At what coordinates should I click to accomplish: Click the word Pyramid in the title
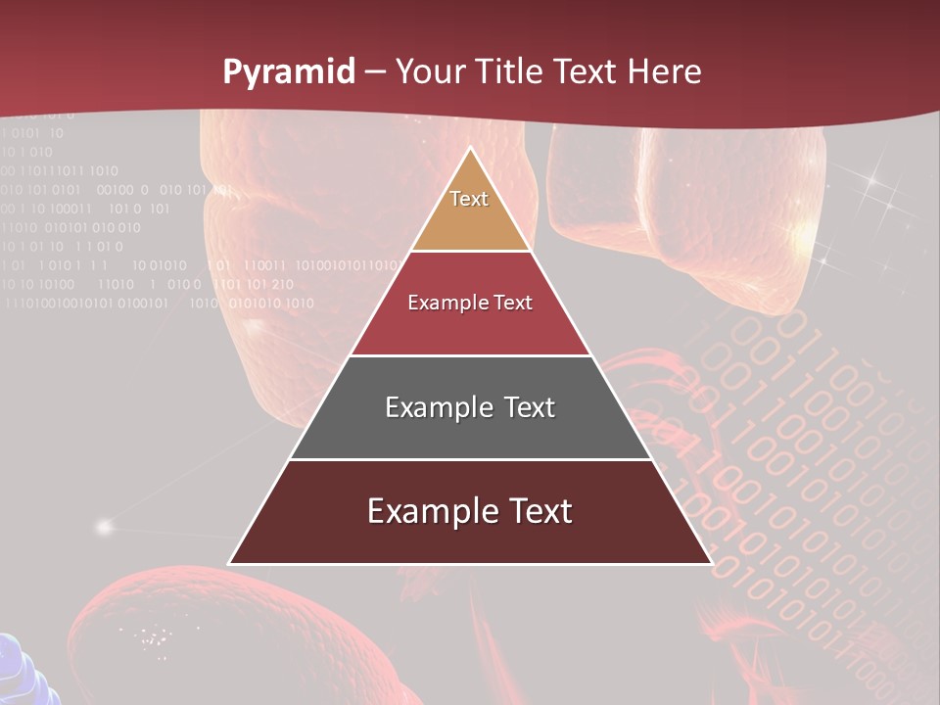click(289, 72)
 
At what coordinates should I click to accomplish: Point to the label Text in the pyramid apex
click(469, 199)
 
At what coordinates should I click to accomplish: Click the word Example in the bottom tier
click(432, 511)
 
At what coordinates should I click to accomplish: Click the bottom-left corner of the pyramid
click(230, 563)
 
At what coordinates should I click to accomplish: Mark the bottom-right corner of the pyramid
click(711, 563)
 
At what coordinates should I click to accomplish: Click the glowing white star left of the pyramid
click(104, 527)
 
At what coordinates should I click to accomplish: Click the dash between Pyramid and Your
click(375, 72)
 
